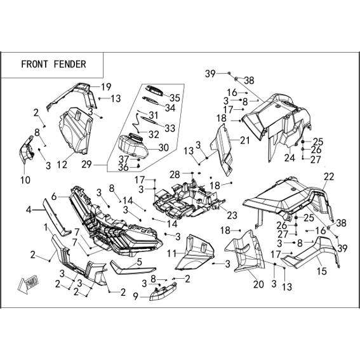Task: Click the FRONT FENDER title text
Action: [53, 64]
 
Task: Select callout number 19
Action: [106, 87]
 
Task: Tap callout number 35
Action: [175, 98]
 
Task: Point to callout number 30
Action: [164, 148]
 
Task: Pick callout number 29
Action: [86, 164]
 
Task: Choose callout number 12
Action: [62, 164]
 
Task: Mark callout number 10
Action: [25, 180]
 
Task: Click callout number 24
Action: [290, 157]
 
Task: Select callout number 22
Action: [329, 177]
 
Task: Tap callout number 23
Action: [232, 215]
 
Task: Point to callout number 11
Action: [171, 254]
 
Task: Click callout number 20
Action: [258, 284]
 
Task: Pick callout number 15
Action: [322, 271]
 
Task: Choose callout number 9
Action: [136, 297]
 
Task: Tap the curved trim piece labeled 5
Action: [133, 268]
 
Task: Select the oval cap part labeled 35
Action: [155, 90]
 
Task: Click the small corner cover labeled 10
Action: [26, 150]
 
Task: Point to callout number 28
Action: [175, 175]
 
